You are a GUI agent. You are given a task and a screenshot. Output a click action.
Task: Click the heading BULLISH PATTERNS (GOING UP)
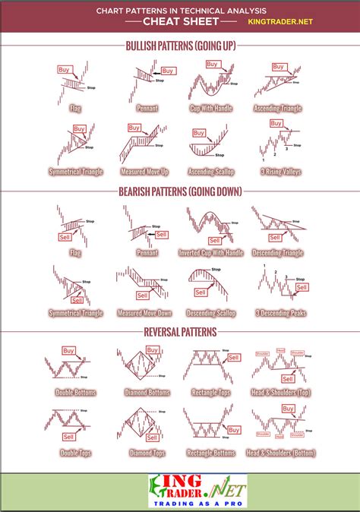tap(180, 46)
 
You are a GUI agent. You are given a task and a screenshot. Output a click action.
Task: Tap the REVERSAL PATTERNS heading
tap(180, 332)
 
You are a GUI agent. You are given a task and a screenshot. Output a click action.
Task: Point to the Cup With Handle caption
tap(206, 108)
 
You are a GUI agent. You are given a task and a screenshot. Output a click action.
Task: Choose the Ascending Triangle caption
tap(276, 108)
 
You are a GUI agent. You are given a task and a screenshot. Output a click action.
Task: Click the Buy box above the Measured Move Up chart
tap(134, 128)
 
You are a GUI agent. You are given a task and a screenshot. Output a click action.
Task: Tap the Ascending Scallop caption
tap(206, 172)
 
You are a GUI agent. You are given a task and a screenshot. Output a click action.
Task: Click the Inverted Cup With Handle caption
tap(210, 252)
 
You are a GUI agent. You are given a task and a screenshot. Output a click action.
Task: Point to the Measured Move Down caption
tap(144, 313)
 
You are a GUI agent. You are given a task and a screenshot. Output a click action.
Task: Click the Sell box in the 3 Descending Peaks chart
tap(302, 287)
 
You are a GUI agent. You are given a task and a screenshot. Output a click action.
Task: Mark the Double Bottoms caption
tap(74, 392)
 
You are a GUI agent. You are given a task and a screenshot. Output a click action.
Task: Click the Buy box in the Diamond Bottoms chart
tap(153, 351)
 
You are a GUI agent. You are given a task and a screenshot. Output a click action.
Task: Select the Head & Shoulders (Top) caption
tap(280, 392)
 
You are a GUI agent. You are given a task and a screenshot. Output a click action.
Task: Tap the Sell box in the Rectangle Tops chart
tap(233, 357)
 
